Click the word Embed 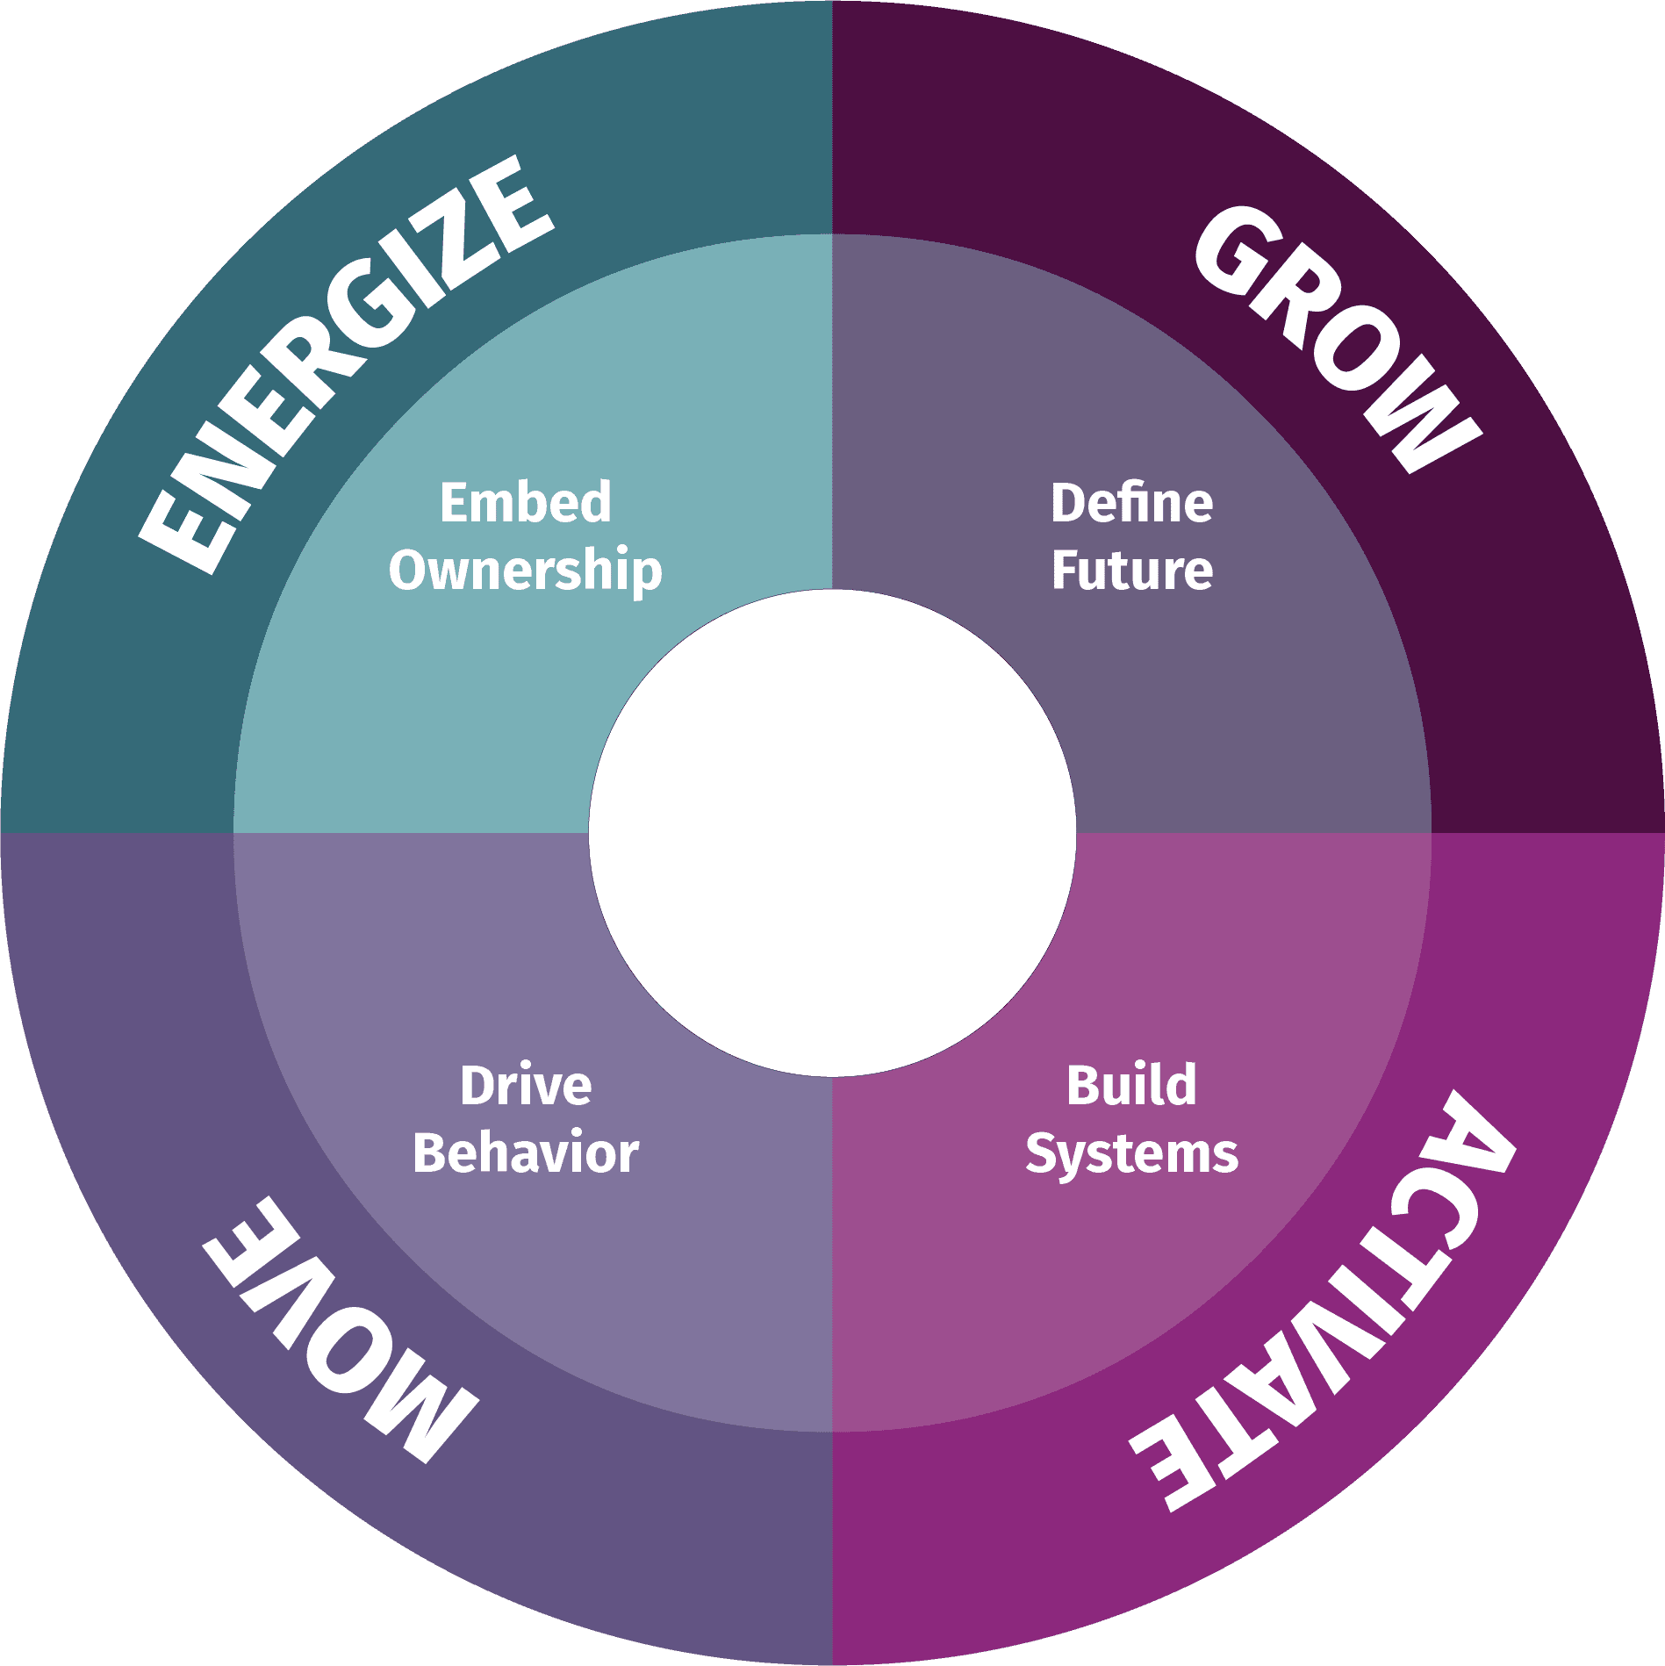pos(525,502)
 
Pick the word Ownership pos(525,571)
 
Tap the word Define pos(1131,503)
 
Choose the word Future pos(1131,571)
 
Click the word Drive pos(526,1086)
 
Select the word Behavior pos(526,1153)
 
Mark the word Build pos(1131,1086)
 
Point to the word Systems pos(1131,1154)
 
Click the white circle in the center pos(832,832)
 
